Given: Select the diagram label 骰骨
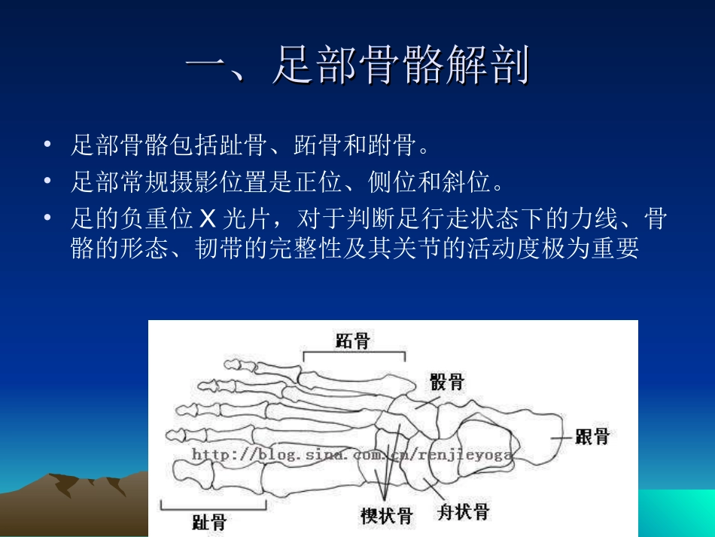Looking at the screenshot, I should [447, 381].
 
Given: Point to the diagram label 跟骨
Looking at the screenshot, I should [592, 436].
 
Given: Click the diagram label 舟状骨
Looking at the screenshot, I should [463, 513].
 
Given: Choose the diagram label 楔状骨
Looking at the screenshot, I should [386, 516].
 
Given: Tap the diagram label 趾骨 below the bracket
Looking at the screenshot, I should [209, 522].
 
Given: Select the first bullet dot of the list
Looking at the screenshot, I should [49, 144].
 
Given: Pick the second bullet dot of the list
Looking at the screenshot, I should [49, 181].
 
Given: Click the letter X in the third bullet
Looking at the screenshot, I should [208, 219].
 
